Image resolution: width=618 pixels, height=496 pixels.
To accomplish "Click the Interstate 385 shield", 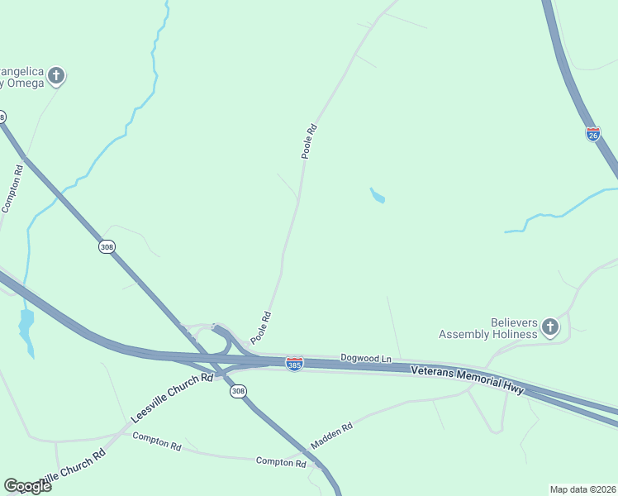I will [294, 363].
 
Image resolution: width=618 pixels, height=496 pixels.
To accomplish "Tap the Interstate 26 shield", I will [592, 134].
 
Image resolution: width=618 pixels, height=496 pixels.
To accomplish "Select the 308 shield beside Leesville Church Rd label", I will [238, 391].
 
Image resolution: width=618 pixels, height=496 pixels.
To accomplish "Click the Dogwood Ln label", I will [365, 358].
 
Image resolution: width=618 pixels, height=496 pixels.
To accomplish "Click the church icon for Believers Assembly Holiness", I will [550, 328].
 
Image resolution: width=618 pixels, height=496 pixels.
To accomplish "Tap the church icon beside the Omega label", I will [56, 77].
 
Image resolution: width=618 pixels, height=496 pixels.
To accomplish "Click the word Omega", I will [25, 83].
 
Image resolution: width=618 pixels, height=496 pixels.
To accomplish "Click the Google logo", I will [26, 486].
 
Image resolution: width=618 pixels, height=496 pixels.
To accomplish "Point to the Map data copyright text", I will [582, 489].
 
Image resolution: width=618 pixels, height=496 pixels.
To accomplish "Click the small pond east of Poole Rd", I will [377, 196].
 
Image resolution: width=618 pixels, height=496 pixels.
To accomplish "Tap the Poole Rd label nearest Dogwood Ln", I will [261, 327].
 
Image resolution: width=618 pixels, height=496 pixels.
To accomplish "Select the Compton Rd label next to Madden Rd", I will [281, 462].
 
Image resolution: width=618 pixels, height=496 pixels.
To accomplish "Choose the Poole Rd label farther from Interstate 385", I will [309, 141].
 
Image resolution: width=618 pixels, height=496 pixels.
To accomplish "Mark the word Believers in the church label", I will [515, 322].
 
